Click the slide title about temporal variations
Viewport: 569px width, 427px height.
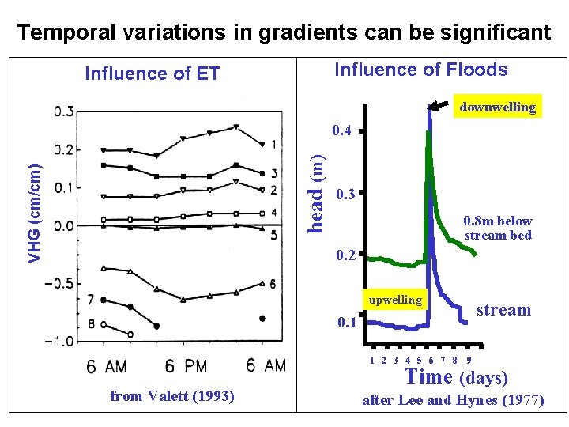(284, 32)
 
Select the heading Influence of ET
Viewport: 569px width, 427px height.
(152, 74)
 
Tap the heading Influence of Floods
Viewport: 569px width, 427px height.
(421, 70)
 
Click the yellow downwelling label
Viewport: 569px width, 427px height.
(497, 107)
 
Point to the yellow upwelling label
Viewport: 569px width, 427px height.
(396, 300)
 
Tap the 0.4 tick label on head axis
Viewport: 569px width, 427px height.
(342, 130)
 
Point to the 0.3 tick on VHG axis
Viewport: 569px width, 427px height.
(64, 111)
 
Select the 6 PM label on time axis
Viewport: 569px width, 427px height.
(185, 365)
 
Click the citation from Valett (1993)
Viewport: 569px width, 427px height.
(172, 396)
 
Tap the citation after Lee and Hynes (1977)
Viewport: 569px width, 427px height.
(453, 400)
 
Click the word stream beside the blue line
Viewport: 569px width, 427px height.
(503, 310)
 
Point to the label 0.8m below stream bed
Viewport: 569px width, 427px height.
(498, 228)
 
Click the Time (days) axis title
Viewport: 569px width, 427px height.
(456, 377)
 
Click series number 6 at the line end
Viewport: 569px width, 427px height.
(273, 283)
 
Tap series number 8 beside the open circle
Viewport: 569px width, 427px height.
(92, 323)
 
